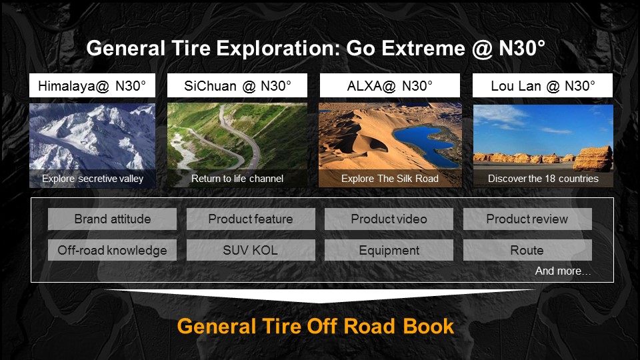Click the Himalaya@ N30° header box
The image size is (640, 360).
[x=92, y=85]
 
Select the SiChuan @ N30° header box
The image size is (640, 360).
[x=237, y=85]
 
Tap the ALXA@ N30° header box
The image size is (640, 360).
[x=390, y=85]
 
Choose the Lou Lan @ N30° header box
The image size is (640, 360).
[x=543, y=85]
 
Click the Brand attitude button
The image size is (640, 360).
[x=112, y=219]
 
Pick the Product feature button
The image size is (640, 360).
[x=251, y=219]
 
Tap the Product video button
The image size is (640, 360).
[x=389, y=219]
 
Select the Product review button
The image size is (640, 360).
[x=527, y=219]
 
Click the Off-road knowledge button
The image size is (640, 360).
[x=112, y=250]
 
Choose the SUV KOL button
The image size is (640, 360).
[x=251, y=250]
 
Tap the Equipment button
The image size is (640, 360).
[x=389, y=250]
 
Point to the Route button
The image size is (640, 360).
[x=527, y=250]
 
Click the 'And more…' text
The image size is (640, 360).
[x=563, y=271]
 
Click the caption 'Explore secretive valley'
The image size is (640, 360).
[x=93, y=179]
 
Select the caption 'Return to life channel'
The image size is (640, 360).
[x=237, y=179]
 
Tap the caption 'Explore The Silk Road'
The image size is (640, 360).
[x=390, y=179]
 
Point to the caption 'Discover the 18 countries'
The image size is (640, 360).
[x=543, y=179]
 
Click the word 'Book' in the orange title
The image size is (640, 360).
[x=428, y=326]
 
